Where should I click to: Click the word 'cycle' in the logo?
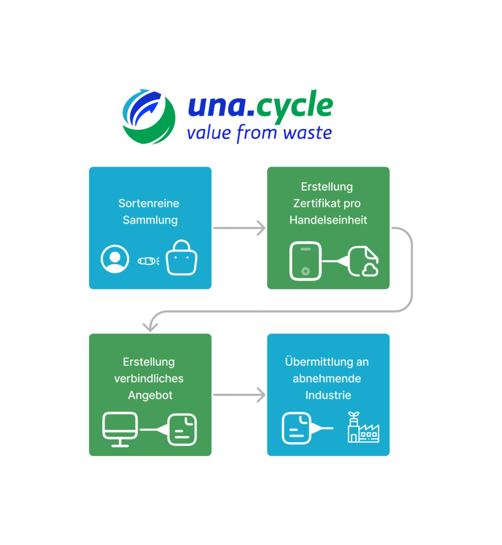tap(295, 106)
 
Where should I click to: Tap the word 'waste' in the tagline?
tap(307, 133)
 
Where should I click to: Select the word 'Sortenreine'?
tap(149, 203)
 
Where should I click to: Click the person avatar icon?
tap(115, 259)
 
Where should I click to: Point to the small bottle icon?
tap(148, 261)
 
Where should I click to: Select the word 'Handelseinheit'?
tap(328, 220)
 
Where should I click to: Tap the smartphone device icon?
tap(305, 261)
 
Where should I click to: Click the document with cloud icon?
tap(364, 262)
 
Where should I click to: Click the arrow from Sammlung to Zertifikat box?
tap(239, 228)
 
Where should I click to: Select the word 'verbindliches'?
tap(149, 378)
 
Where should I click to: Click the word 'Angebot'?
tap(148, 395)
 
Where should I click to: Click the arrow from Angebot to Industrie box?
tap(239, 395)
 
